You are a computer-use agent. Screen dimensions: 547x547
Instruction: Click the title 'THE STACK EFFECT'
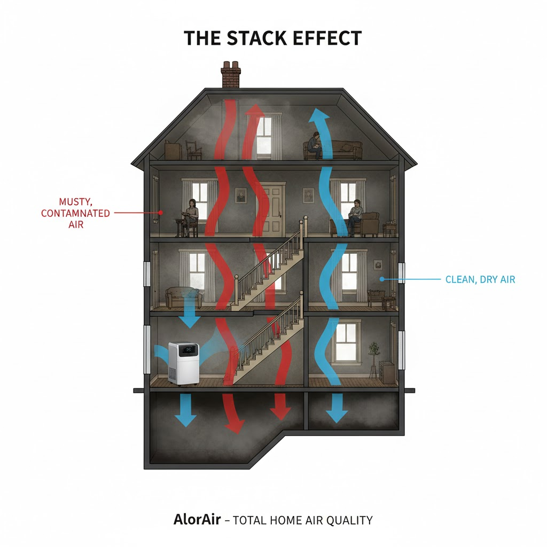(273, 38)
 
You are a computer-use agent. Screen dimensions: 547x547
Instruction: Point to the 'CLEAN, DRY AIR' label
(480, 279)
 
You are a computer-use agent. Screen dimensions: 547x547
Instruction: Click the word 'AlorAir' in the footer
(196, 520)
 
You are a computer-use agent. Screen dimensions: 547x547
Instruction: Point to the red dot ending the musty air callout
(160, 213)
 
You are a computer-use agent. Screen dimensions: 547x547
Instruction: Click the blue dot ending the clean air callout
(381, 279)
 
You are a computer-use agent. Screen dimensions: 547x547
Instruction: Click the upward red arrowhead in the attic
(255, 110)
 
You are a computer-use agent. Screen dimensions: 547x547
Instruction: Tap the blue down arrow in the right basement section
(336, 411)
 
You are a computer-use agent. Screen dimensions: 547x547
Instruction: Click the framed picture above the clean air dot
(378, 264)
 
